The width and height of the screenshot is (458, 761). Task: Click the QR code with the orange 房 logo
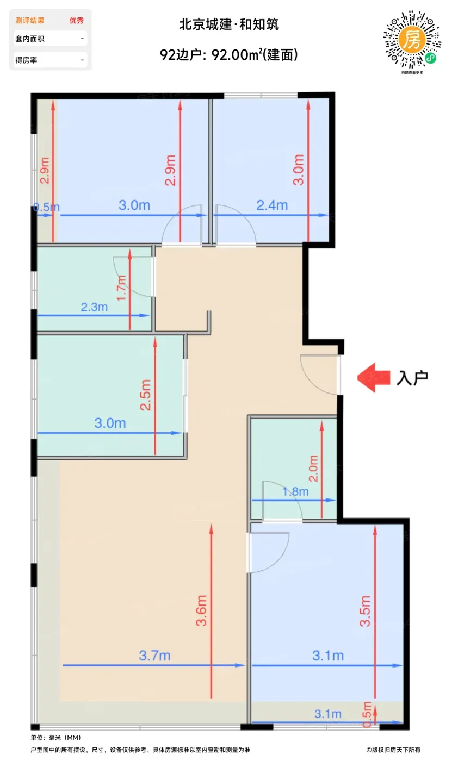click(x=412, y=39)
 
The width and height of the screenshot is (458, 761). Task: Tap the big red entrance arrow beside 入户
click(x=373, y=377)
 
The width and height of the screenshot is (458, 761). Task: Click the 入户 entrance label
click(x=412, y=378)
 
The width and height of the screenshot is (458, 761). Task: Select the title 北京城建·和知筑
click(x=229, y=24)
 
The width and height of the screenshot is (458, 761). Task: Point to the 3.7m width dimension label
click(x=154, y=656)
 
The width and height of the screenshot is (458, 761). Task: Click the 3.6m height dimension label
click(x=201, y=610)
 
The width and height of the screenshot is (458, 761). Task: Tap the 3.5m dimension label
click(x=365, y=610)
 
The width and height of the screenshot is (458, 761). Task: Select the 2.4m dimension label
click(x=272, y=205)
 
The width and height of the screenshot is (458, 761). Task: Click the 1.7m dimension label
click(x=121, y=288)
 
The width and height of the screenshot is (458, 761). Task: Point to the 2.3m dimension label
click(x=94, y=307)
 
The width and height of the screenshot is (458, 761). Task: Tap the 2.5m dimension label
click(x=145, y=395)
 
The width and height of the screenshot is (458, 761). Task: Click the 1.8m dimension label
click(x=295, y=491)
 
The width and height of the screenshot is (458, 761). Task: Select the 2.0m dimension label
click(x=313, y=468)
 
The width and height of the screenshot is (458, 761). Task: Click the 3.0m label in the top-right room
click(x=298, y=170)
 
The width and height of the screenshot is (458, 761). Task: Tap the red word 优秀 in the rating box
click(x=77, y=21)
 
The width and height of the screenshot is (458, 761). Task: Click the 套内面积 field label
click(x=30, y=39)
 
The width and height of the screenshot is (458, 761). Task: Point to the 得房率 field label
click(x=26, y=60)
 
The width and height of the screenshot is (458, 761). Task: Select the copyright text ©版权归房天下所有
click(x=393, y=750)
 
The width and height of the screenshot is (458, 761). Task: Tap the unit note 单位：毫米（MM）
click(x=56, y=738)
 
